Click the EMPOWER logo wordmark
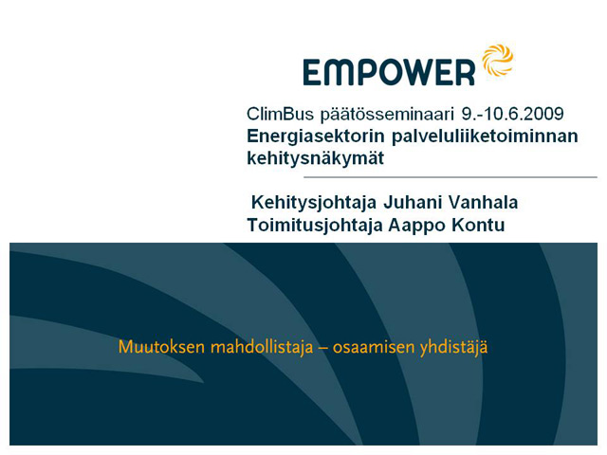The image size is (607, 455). (x=389, y=72)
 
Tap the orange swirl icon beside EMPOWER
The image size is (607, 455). (x=497, y=60)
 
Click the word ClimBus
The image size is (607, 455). (x=280, y=114)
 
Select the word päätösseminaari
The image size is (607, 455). (x=387, y=115)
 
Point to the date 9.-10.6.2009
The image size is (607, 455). (x=512, y=114)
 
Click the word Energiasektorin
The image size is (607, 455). (x=316, y=136)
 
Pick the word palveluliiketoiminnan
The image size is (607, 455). (x=485, y=136)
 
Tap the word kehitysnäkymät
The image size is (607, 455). (x=315, y=158)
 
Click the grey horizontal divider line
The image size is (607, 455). (x=451, y=177)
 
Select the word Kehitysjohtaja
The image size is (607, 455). (x=314, y=203)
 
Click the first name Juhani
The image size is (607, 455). (x=413, y=202)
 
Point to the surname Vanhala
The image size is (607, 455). (x=483, y=202)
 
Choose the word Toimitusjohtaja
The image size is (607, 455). (x=315, y=226)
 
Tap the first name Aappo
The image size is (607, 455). (x=416, y=226)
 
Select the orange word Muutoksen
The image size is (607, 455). (x=161, y=347)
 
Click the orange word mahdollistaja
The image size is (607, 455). (x=262, y=348)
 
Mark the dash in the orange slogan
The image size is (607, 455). (x=322, y=348)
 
